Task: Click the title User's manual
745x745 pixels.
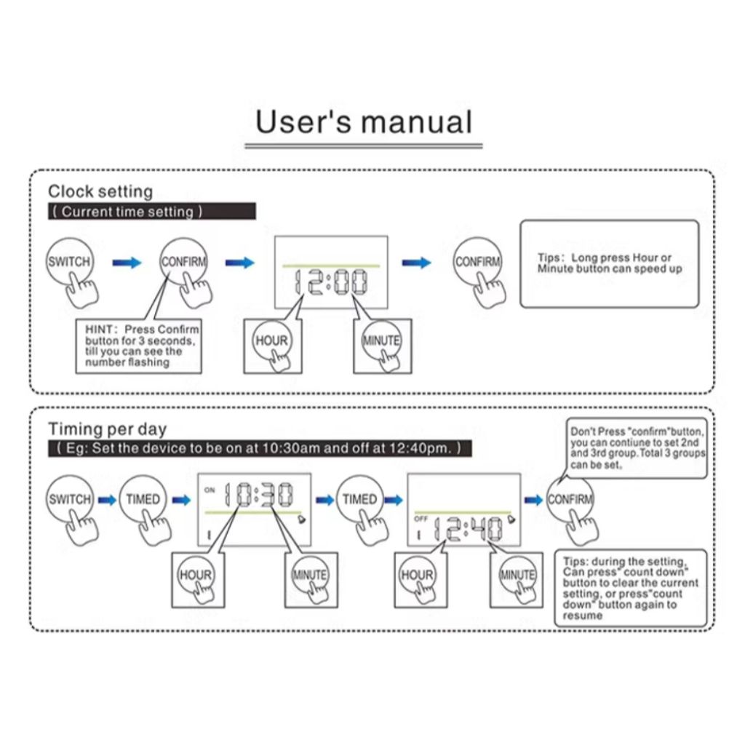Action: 364,122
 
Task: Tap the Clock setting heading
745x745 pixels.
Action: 100,191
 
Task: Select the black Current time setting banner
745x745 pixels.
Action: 152,212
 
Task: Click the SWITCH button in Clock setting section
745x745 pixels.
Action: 69,261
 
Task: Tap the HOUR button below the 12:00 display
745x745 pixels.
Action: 271,340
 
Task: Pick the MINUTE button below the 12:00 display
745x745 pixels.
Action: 381,340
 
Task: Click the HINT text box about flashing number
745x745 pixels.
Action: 138,346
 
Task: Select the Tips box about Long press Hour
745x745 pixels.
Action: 609,263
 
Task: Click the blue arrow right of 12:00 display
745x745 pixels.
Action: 417,262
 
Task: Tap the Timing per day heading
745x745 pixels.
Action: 107,429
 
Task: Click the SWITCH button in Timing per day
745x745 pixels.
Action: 70,500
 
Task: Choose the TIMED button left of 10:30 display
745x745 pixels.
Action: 143,500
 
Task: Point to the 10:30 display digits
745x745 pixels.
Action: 258,495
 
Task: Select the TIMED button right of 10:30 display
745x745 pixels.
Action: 360,500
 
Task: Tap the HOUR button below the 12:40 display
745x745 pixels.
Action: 418,575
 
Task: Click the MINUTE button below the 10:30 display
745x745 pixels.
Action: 310,575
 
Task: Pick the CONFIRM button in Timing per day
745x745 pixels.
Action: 570,500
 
